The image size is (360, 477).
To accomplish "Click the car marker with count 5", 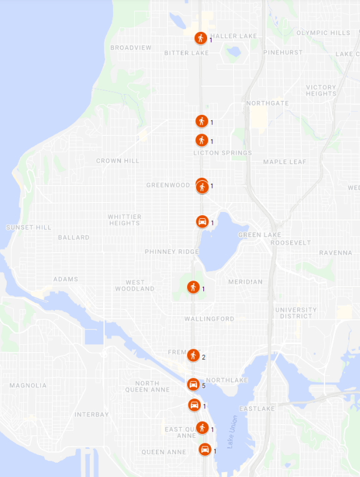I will [x=194, y=384].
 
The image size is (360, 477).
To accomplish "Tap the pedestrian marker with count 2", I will [x=193, y=355].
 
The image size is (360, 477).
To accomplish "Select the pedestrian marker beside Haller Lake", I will [x=200, y=38].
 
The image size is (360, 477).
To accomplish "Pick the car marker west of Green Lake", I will [x=202, y=221].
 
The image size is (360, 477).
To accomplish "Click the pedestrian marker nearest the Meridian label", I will [x=193, y=287].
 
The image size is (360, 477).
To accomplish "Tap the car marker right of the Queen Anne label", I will [x=205, y=450].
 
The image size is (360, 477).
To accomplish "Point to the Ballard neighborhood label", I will [x=74, y=238].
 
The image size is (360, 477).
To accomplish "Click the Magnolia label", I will [x=27, y=385].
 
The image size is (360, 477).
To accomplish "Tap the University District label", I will [x=296, y=313].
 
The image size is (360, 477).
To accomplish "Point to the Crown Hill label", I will [x=117, y=161].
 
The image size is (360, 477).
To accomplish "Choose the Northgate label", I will [x=267, y=103].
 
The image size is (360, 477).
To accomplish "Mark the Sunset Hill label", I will [x=29, y=228].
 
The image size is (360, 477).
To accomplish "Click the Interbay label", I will [x=92, y=414].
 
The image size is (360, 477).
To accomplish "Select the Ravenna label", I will [x=336, y=253].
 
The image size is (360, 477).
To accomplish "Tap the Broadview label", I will [x=131, y=47].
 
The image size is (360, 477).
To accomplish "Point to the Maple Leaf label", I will [x=285, y=162].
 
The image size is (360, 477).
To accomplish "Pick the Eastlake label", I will [x=253, y=409].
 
